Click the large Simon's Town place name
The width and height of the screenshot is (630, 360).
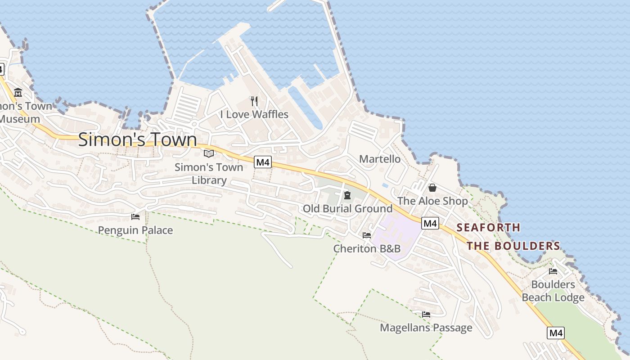coord(138,139)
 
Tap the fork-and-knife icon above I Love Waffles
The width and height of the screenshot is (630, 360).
coord(254,101)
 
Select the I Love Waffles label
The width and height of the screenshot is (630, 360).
coord(254,114)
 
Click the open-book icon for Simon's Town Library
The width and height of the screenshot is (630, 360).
coord(209,154)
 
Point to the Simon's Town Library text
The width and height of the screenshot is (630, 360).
coord(209,174)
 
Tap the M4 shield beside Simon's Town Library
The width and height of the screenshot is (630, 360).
coord(263,162)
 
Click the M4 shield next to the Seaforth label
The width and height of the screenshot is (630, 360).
coord(430,223)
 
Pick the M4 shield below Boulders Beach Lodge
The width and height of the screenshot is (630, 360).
coord(556,333)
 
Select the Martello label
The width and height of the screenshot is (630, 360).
coord(380,159)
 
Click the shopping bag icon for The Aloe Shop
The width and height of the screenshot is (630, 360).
coord(432,188)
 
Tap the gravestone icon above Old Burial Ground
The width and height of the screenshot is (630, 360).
coord(347,195)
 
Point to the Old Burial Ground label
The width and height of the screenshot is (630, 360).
coord(347,209)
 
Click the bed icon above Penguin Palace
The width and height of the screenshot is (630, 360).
coord(135,217)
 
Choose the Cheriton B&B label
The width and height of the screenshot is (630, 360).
coord(367,248)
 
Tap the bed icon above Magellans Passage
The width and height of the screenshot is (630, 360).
coord(426,314)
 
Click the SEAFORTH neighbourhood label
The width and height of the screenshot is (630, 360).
coord(488,228)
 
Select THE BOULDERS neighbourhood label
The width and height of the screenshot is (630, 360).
coord(513,246)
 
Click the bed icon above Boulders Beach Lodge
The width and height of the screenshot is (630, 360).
coord(553,271)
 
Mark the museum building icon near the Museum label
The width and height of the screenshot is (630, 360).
coord(18,93)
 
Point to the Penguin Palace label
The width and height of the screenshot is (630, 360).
coord(135,230)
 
